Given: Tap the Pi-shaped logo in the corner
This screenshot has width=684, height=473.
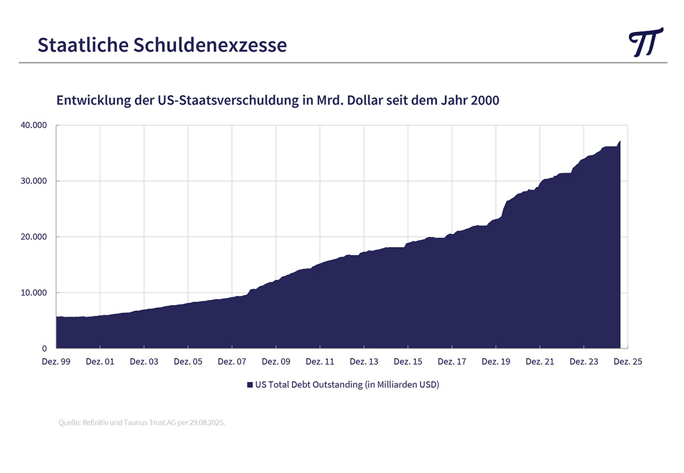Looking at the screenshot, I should pyautogui.click(x=646, y=42).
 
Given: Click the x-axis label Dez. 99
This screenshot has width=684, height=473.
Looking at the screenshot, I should pyautogui.click(x=56, y=361).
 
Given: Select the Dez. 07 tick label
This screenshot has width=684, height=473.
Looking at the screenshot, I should pyautogui.click(x=232, y=361).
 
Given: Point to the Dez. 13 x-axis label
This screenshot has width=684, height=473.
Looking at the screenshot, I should pyautogui.click(x=364, y=361).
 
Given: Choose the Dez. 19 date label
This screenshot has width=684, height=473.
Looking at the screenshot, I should pyautogui.click(x=496, y=361).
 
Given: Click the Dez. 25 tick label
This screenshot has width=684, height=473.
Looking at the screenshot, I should pyautogui.click(x=628, y=361).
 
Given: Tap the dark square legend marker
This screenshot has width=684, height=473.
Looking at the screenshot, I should pyautogui.click(x=249, y=385).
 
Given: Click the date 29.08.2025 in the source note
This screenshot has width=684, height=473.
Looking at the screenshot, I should pyautogui.click(x=207, y=423).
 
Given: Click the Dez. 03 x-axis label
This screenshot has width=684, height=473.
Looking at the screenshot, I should pyautogui.click(x=144, y=361).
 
